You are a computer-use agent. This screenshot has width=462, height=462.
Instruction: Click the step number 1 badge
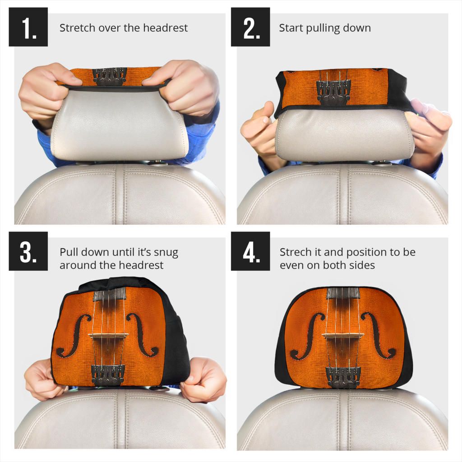point(28,27)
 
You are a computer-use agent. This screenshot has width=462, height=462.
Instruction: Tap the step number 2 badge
point(250,27)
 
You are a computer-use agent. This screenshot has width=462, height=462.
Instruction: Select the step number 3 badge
point(28,251)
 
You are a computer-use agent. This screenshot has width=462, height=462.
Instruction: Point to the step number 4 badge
point(250,251)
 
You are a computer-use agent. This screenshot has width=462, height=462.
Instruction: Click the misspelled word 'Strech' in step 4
point(295,252)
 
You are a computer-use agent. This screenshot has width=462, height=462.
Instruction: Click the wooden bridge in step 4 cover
point(343,336)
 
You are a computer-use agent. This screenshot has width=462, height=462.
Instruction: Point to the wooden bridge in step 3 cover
point(108,335)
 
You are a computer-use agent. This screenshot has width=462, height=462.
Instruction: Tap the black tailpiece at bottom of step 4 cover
point(343,377)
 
